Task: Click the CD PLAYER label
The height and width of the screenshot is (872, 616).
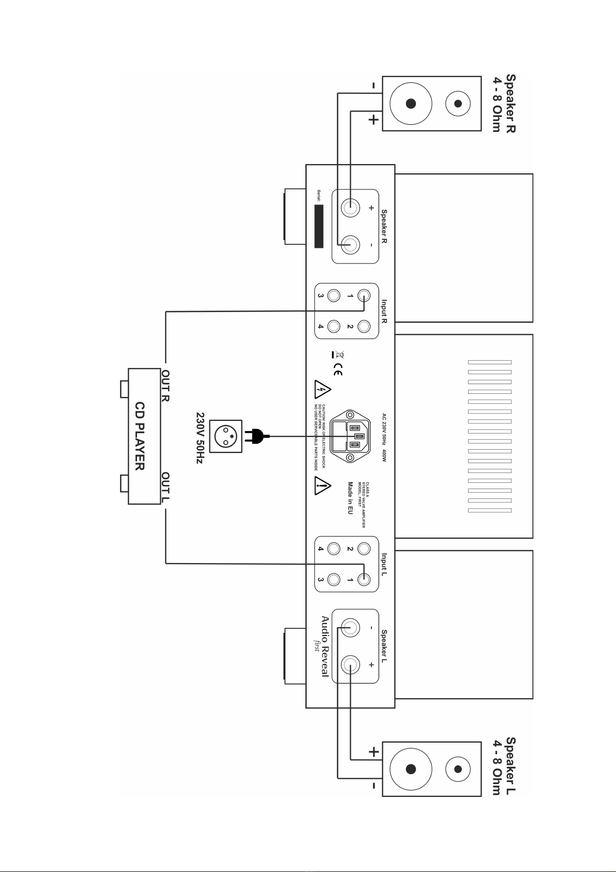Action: pyautogui.click(x=140, y=436)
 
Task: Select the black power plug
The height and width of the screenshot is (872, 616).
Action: pyautogui.click(x=257, y=437)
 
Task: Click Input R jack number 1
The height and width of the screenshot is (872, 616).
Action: pyautogui.click(x=364, y=296)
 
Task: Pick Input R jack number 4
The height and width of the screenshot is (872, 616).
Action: pyautogui.click(x=334, y=327)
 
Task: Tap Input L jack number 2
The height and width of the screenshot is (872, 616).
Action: pyautogui.click(x=364, y=549)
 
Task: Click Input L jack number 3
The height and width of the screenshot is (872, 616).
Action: pyautogui.click(x=334, y=580)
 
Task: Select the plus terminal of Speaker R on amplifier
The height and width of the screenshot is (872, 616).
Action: pyautogui.click(x=351, y=208)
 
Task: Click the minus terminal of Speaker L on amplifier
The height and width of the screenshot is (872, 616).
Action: pyautogui.click(x=351, y=628)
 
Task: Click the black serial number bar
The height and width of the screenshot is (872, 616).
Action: pyautogui.click(x=319, y=226)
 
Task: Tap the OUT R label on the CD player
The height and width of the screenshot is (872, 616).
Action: pyautogui.click(x=166, y=386)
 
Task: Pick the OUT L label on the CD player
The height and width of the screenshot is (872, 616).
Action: pyautogui.click(x=166, y=487)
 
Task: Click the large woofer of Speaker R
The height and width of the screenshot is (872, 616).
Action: pyautogui.click(x=411, y=104)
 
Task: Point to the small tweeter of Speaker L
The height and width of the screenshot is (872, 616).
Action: pyautogui.click(x=458, y=769)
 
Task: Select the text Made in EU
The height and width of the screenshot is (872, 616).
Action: pyautogui.click(x=350, y=497)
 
